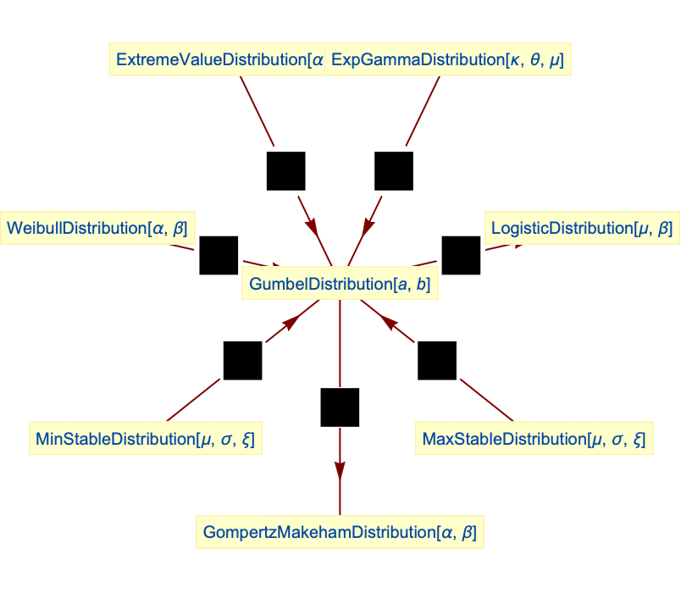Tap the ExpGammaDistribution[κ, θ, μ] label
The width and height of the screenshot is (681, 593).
point(448,60)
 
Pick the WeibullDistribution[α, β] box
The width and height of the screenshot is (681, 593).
point(97,228)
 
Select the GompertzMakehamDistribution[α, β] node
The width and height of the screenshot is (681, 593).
point(340,533)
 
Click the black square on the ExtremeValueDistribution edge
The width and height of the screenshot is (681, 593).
point(286,171)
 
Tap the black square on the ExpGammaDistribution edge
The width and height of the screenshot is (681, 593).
point(394,171)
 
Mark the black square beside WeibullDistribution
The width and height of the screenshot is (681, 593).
point(219,255)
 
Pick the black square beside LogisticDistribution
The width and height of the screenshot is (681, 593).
point(461,255)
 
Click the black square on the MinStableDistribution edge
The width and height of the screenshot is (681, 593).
point(242,360)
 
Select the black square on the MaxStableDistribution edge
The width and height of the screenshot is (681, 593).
point(437,360)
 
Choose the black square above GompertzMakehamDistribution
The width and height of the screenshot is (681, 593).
point(340,407)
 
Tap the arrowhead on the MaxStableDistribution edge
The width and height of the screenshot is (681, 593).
point(389,322)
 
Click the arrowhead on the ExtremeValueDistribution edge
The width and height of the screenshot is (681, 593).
point(312,225)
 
